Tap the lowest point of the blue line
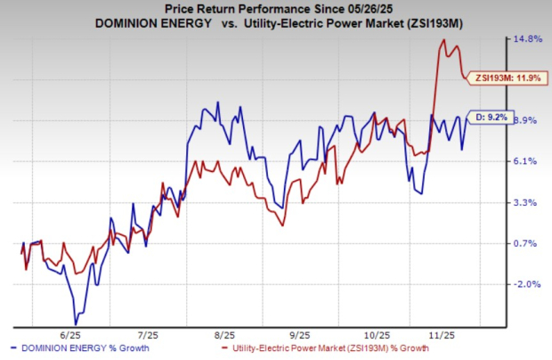point(76,323)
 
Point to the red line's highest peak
point(443,40)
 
